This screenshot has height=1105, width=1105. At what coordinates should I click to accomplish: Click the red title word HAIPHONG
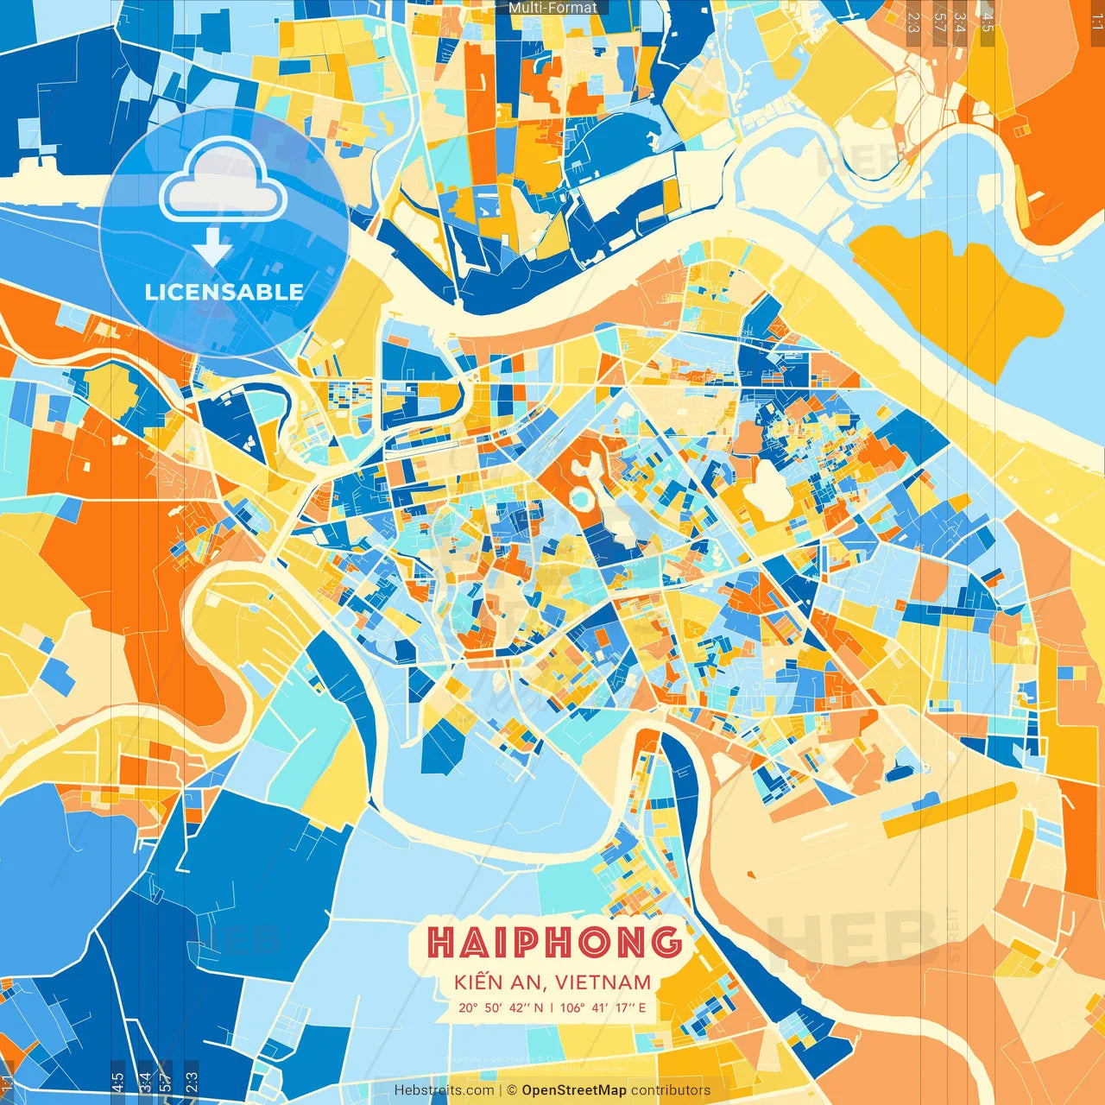(x=553, y=942)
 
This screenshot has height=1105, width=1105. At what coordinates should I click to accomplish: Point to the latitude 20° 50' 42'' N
(x=501, y=1007)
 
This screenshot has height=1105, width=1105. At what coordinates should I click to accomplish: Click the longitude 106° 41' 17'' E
(x=603, y=1007)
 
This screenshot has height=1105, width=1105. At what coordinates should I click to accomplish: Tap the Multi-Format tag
(x=552, y=8)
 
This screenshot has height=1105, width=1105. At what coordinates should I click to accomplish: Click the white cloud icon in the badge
(x=223, y=183)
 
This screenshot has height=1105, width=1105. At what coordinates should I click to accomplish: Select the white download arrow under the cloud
(x=212, y=248)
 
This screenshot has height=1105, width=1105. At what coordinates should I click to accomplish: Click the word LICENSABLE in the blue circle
(x=224, y=292)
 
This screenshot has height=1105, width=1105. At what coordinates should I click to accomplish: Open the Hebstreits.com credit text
(x=445, y=1090)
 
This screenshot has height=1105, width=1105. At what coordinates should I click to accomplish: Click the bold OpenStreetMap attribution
(x=573, y=1090)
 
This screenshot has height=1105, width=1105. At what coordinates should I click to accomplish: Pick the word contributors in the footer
(x=671, y=1090)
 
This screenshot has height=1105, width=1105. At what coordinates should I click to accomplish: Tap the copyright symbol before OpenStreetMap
(x=511, y=1090)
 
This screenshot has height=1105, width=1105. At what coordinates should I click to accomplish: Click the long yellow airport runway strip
(x=950, y=809)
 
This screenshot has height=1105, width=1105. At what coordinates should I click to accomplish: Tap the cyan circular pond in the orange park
(x=583, y=499)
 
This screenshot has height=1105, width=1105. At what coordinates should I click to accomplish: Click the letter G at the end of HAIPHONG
(x=664, y=942)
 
